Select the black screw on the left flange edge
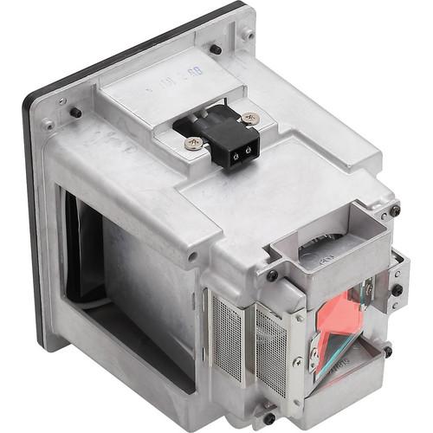click(x=76, y=113)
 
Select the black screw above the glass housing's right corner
click(x=395, y=210)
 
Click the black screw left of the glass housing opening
click(x=272, y=275)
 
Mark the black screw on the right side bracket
click(x=399, y=290)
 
